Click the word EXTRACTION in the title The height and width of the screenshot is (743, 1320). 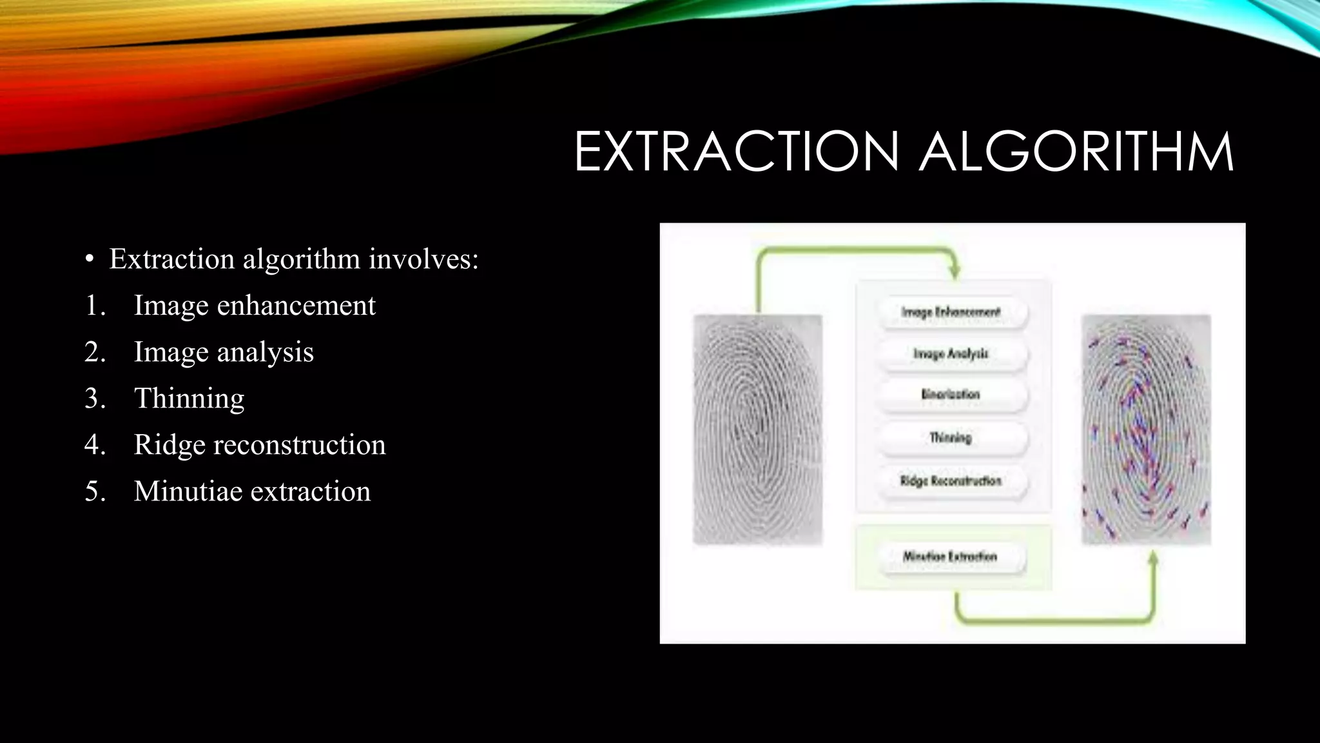pyautogui.click(x=736, y=152)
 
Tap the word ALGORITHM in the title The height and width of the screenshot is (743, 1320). pyautogui.click(x=1076, y=152)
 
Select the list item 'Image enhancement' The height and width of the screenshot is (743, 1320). pyautogui.click(x=254, y=305)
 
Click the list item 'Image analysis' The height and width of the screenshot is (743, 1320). pyautogui.click(x=223, y=352)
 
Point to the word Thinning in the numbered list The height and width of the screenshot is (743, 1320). pyautogui.click(x=189, y=398)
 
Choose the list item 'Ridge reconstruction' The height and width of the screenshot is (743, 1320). pyautogui.click(x=259, y=444)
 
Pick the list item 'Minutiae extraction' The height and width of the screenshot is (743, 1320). pyautogui.click(x=252, y=491)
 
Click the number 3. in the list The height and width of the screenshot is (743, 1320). pyautogui.click(x=95, y=398)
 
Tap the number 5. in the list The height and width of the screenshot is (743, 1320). pyautogui.click(x=95, y=491)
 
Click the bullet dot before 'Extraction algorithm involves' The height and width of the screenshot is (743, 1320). pyautogui.click(x=90, y=260)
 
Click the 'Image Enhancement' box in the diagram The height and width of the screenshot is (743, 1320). pyautogui.click(x=951, y=313)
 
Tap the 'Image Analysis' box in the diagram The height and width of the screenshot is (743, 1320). pyautogui.click(x=951, y=353)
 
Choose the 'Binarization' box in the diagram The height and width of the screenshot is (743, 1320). pyautogui.click(x=951, y=395)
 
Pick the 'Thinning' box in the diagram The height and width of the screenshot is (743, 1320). pyautogui.click(x=951, y=438)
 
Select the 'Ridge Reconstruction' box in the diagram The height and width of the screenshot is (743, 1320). pyautogui.click(x=951, y=481)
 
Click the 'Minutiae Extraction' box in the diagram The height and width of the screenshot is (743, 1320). pyautogui.click(x=951, y=557)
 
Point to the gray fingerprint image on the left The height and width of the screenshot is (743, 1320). pyautogui.click(x=757, y=429)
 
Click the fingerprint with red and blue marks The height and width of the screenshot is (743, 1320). pyautogui.click(x=1146, y=429)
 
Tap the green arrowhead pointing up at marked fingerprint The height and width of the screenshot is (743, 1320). pyautogui.click(x=1153, y=559)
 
